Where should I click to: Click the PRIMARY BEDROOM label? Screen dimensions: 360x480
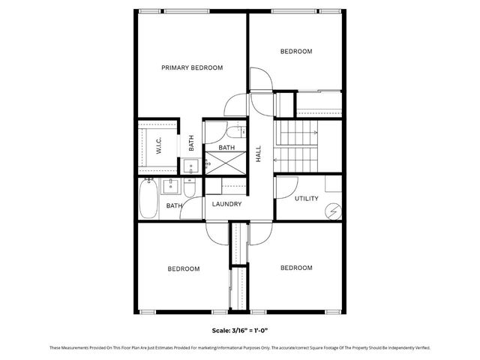[192, 67]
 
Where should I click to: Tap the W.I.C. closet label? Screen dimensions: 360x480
[159, 146]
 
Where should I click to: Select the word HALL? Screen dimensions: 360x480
[259, 154]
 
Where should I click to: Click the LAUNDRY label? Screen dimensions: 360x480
[226, 204]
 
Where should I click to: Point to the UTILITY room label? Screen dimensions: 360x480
[306, 199]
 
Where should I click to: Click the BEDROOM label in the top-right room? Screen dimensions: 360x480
[296, 52]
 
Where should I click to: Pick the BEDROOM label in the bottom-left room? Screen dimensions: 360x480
[183, 268]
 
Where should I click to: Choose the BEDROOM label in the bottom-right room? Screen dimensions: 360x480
[296, 268]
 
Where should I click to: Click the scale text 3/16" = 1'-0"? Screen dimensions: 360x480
[239, 329]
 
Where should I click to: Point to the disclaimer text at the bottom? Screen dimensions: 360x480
[239, 347]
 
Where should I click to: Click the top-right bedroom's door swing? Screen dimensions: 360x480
[259, 79]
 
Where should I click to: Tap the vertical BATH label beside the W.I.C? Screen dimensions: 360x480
[191, 142]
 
